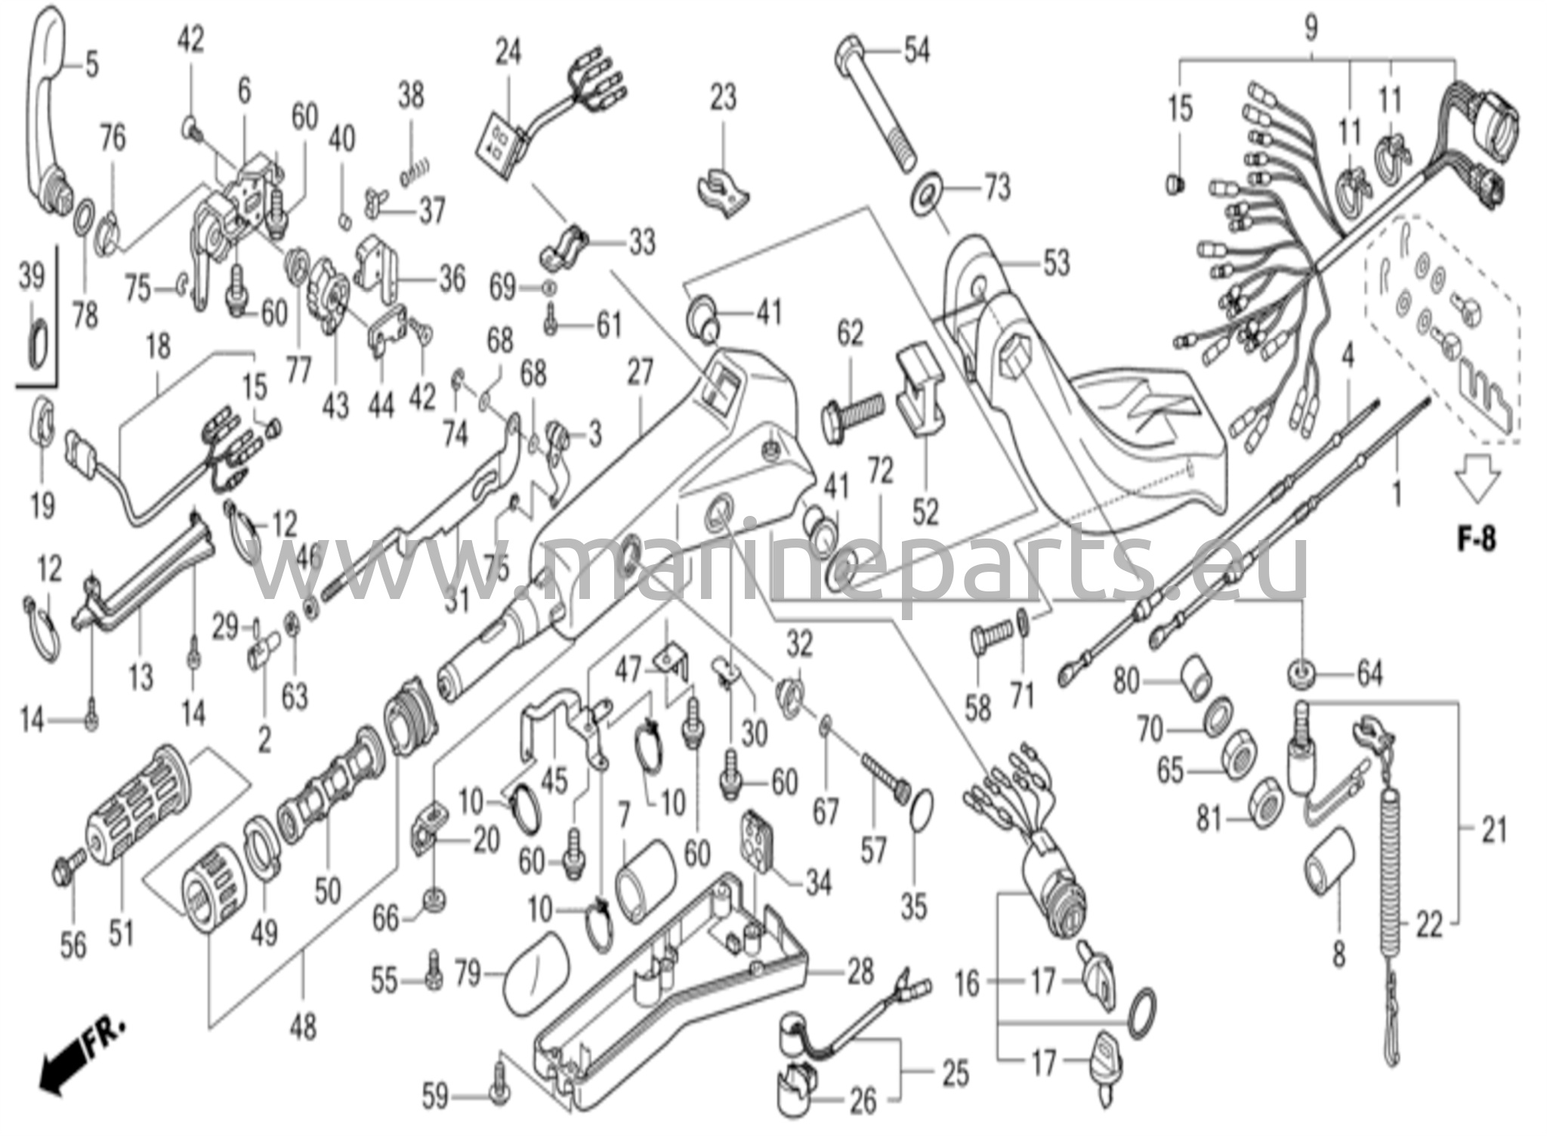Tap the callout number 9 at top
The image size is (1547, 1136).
[x=1311, y=29]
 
